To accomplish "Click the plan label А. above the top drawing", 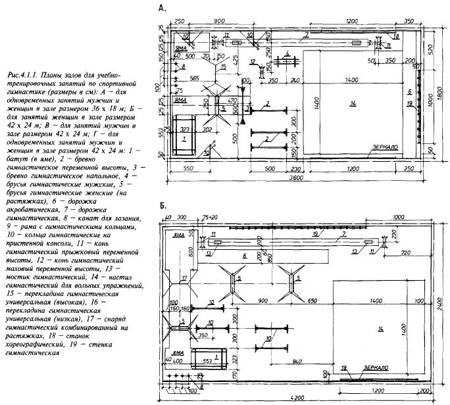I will (x=162, y=9).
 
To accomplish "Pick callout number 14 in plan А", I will (x=353, y=105).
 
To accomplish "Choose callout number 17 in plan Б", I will (x=185, y=279).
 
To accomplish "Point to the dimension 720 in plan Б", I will (x=406, y=252).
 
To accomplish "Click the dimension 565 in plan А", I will (x=193, y=78).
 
